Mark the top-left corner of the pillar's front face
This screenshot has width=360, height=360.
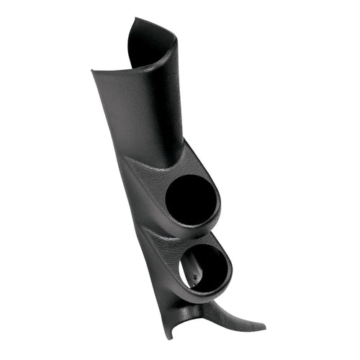click(94, 71)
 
